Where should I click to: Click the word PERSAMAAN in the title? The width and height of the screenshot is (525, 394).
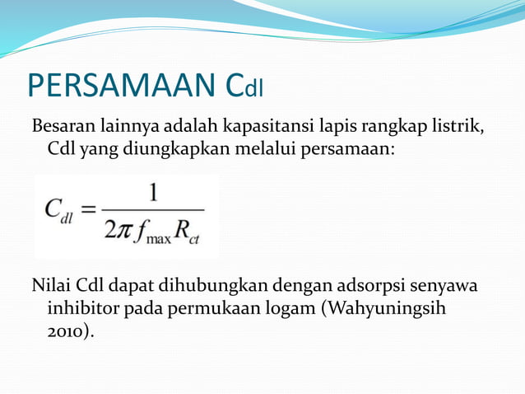coord(123,85)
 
